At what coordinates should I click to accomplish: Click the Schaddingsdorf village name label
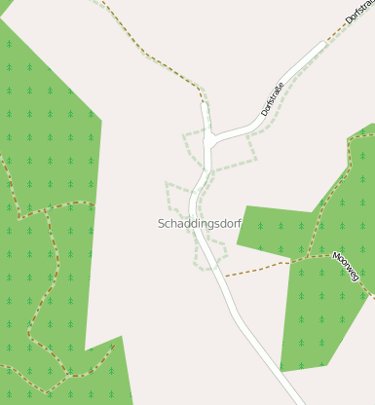point(200,224)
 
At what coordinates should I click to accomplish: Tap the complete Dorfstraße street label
point(273,98)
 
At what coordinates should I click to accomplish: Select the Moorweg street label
point(346,267)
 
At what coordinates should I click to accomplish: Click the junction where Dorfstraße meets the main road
point(209,137)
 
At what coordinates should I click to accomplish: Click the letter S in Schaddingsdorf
point(162,224)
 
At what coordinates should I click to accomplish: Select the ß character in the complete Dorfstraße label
point(279,89)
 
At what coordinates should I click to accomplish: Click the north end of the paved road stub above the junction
point(204,102)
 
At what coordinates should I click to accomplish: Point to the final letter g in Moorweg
point(356,277)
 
